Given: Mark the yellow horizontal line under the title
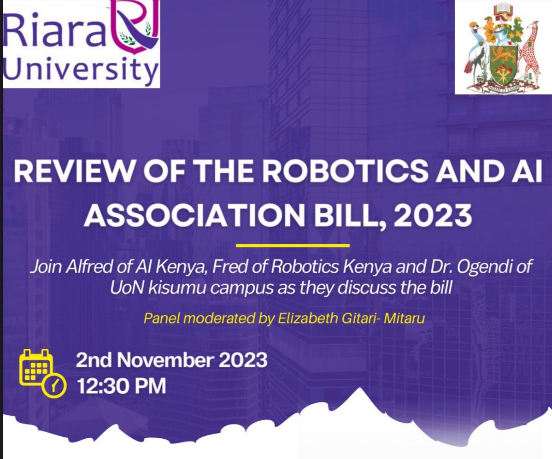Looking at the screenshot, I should coord(293,246).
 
